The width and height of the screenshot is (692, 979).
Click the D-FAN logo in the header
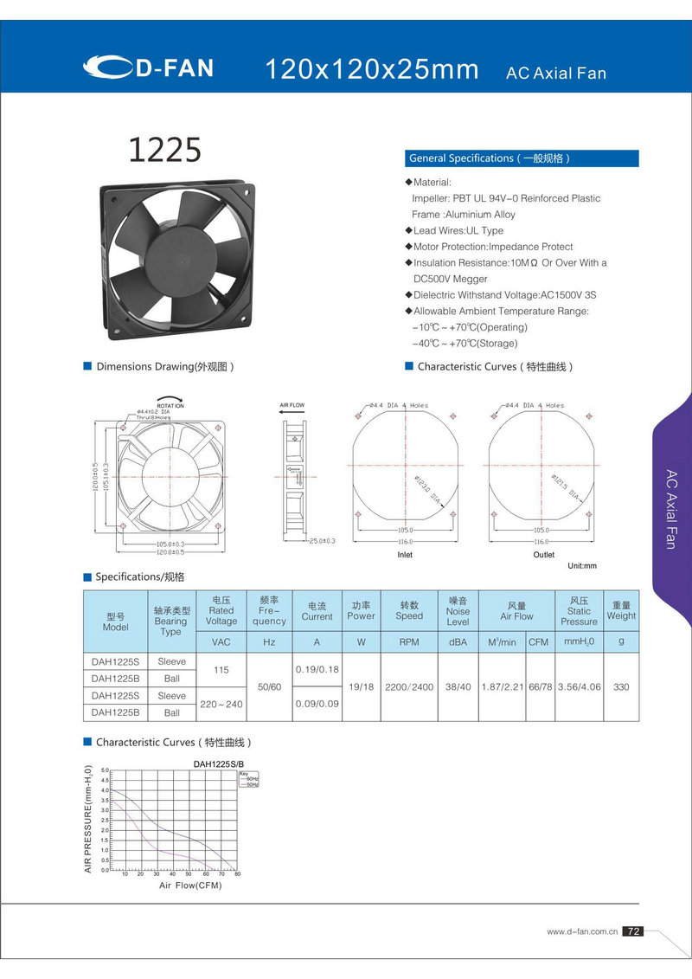(149, 68)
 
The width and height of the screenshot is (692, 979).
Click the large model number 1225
(164, 150)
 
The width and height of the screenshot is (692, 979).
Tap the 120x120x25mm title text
(371, 70)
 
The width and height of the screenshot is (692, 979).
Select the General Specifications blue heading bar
(522, 158)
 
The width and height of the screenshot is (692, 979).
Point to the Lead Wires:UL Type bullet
(458, 230)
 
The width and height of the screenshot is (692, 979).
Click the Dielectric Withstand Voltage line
(504, 295)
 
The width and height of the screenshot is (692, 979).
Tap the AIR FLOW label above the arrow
(292, 405)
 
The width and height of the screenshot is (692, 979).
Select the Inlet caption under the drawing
(404, 554)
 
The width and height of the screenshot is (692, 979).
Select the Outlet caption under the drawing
(543, 554)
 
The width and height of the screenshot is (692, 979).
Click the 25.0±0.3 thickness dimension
(322, 541)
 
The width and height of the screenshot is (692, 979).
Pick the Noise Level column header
(458, 610)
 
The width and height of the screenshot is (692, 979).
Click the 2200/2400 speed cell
(409, 686)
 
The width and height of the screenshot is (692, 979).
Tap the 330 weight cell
(621, 686)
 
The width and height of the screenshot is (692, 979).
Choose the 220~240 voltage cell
(221, 704)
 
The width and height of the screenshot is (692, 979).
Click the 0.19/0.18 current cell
(317, 670)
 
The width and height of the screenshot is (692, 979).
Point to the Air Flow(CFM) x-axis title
(190, 886)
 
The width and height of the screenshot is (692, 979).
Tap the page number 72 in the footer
(633, 931)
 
